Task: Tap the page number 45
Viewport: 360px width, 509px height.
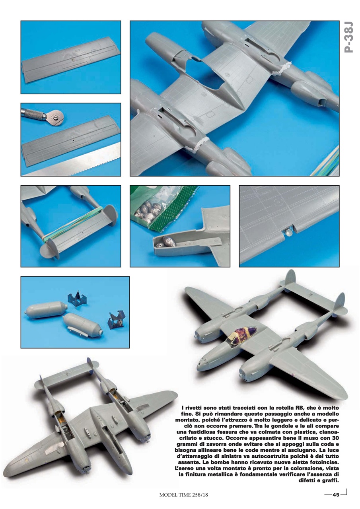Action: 336,495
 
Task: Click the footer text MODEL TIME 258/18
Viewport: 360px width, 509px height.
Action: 183,495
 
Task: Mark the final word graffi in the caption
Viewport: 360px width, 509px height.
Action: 329,480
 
